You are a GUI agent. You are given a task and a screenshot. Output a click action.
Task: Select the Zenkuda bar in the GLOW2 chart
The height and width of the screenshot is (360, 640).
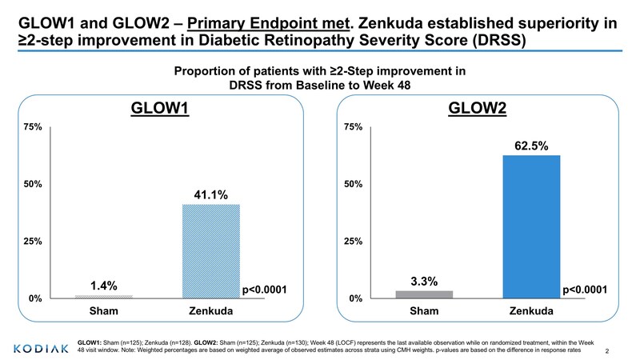point(531,226)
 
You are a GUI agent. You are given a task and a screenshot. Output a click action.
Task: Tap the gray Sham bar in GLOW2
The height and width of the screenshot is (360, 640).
point(424,294)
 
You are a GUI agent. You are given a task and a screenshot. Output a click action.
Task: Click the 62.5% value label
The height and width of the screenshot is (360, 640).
point(531,146)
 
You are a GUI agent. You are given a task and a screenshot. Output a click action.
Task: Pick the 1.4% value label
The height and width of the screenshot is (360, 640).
point(103,286)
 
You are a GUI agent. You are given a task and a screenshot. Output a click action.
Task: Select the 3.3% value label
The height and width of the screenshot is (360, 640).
point(424,281)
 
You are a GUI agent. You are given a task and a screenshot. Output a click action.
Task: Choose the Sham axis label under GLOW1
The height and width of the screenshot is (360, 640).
point(103,311)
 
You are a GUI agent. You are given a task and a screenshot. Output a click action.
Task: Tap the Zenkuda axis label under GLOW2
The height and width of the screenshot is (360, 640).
point(531,311)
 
